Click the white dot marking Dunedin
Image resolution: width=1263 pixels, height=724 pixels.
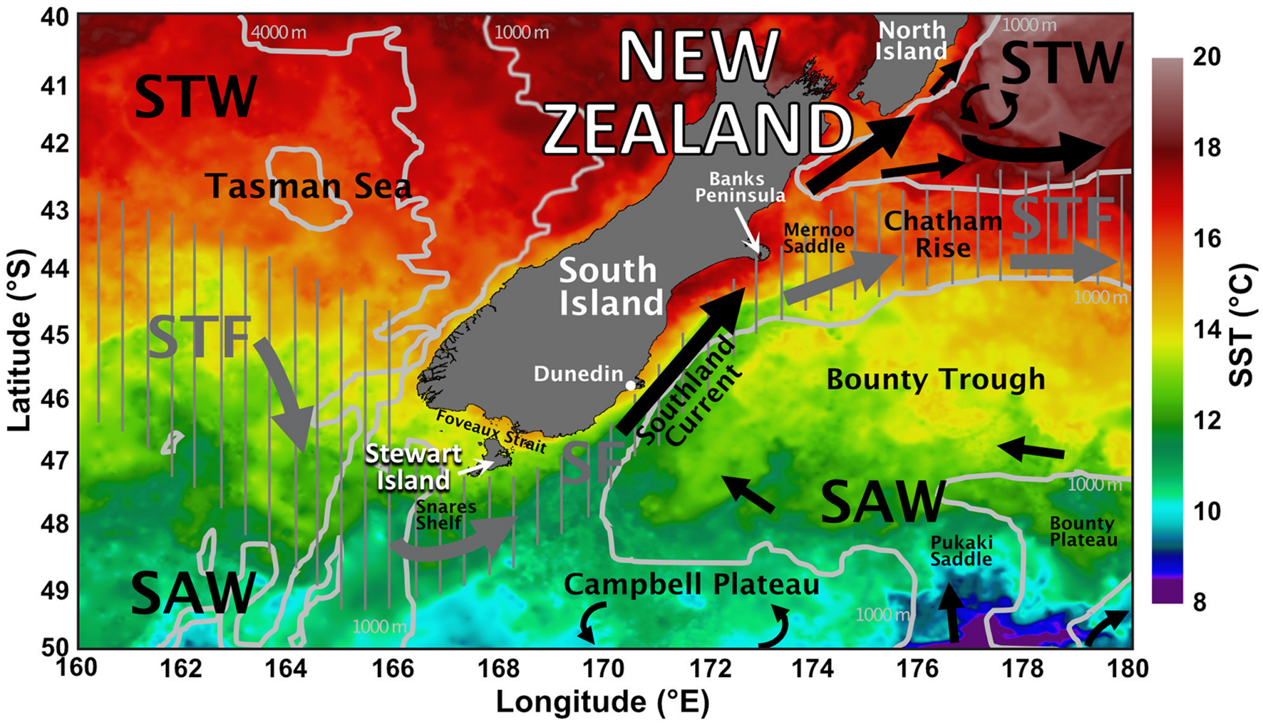(x=631, y=386)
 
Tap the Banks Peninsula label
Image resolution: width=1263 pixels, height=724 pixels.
(x=741, y=187)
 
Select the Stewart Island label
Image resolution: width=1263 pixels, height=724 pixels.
(x=413, y=467)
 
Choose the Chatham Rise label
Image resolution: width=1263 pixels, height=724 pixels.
(x=942, y=234)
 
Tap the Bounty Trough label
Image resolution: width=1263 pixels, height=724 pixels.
(x=935, y=379)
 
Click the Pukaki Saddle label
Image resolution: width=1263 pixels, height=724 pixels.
(x=962, y=550)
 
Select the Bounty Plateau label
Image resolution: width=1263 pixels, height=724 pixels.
(x=1083, y=532)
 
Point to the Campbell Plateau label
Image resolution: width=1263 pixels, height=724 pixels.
(x=691, y=585)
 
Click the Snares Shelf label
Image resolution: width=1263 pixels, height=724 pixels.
(x=445, y=515)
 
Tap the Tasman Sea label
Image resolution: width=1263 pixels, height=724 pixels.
(x=309, y=187)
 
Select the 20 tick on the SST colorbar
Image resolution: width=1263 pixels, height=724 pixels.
(x=1206, y=57)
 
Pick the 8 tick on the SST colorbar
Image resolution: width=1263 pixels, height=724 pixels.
(x=1200, y=603)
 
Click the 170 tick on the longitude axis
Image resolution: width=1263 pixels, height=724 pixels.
(x=603, y=669)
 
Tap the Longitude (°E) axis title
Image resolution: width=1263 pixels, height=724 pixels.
(x=603, y=703)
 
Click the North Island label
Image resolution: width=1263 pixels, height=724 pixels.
(x=912, y=41)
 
